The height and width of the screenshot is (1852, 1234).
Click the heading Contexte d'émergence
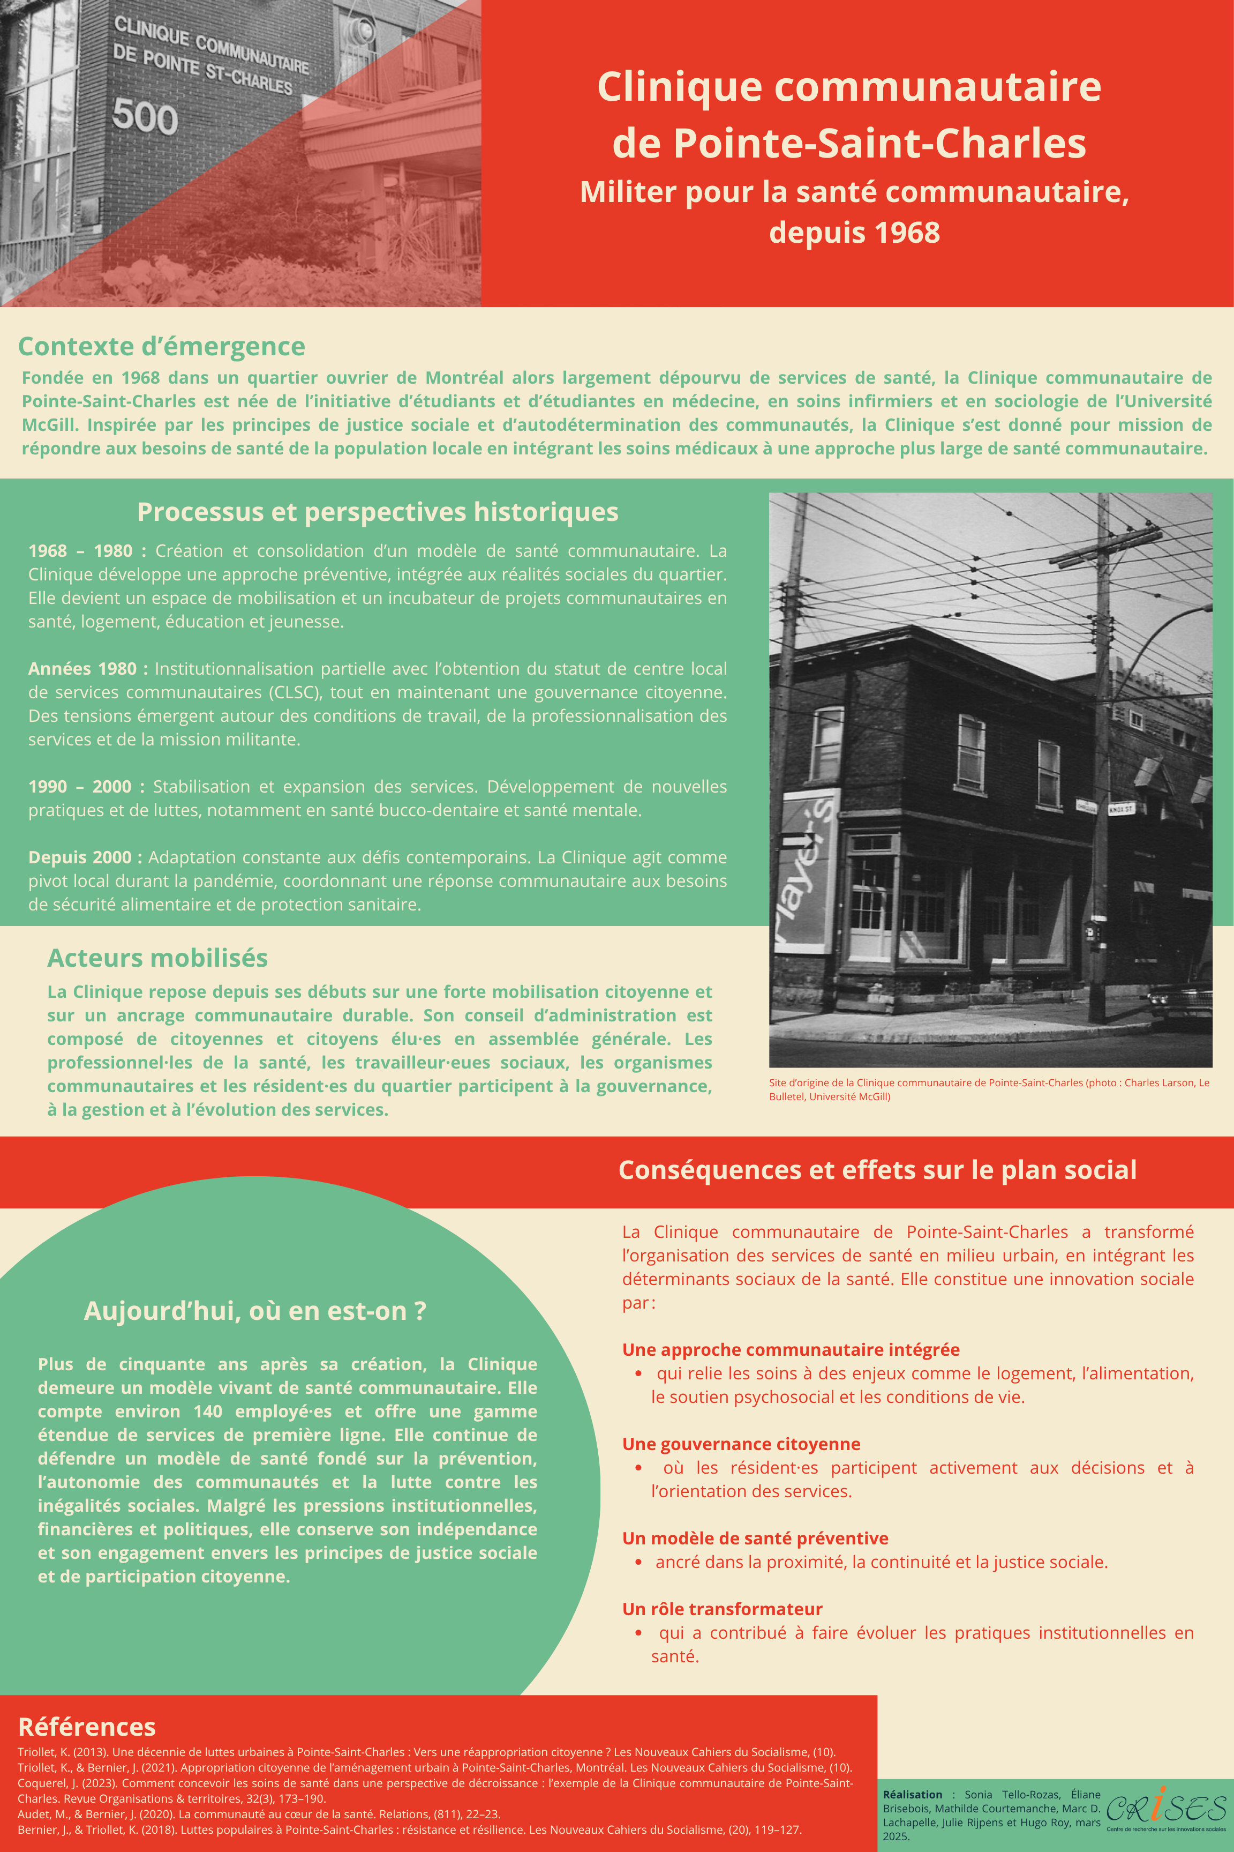click(x=161, y=347)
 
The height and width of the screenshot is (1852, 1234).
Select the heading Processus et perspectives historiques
click(x=378, y=512)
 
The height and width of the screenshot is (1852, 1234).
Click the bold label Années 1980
click(x=87, y=669)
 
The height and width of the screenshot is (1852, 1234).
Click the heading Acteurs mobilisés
click(x=157, y=958)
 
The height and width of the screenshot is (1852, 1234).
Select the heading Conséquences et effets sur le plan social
click(x=877, y=1170)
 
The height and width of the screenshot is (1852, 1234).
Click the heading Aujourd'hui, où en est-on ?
click(x=255, y=1311)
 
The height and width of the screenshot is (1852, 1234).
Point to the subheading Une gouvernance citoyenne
click(x=741, y=1444)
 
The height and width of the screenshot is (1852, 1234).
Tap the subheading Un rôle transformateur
click(x=721, y=1609)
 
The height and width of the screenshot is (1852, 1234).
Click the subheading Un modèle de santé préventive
click(x=755, y=1538)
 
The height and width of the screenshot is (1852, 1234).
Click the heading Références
click(x=87, y=1727)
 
